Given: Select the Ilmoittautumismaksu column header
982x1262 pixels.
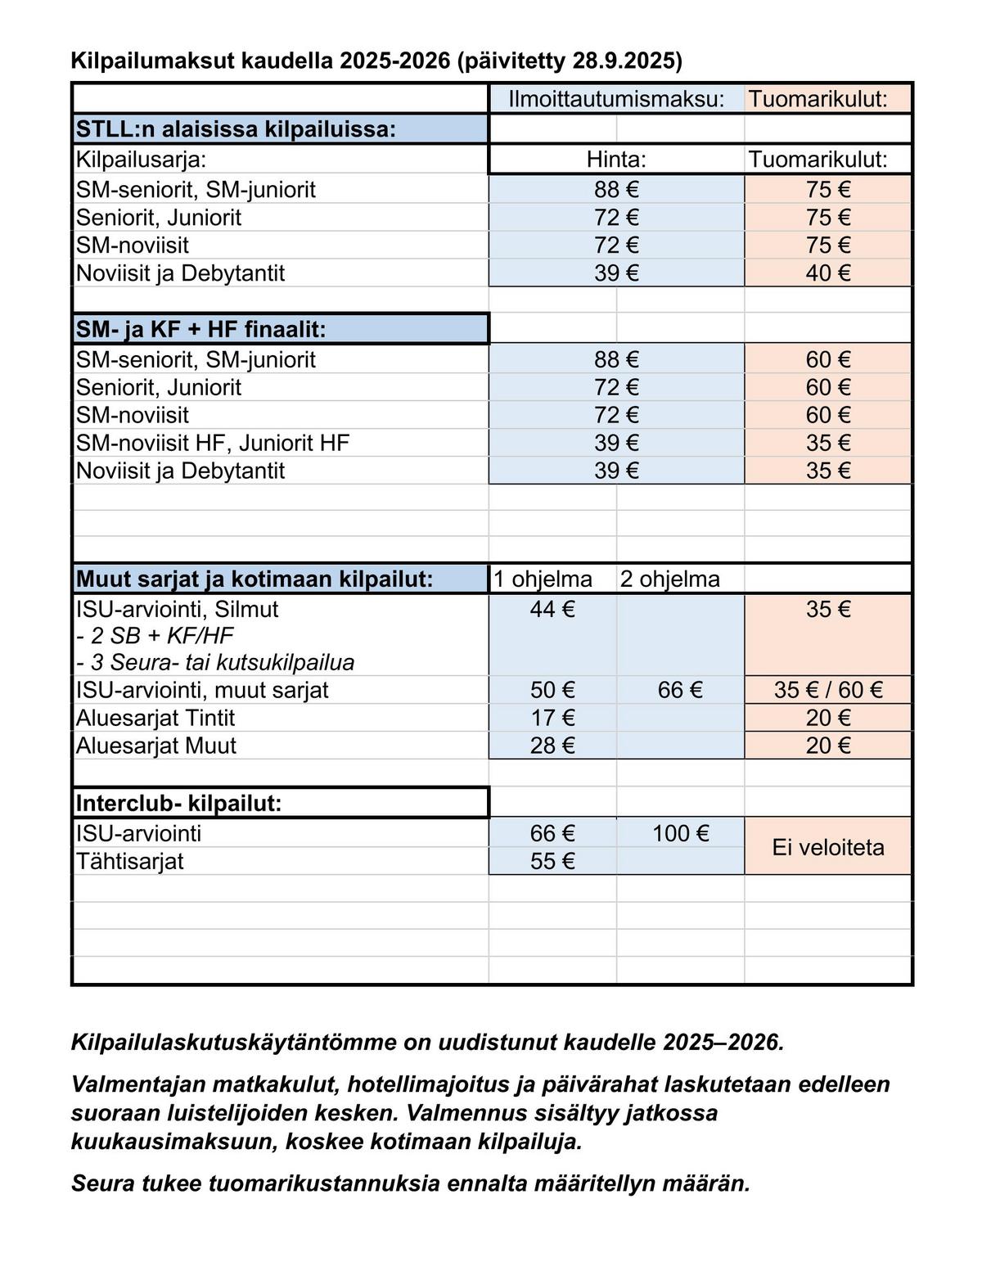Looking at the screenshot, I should (x=616, y=100).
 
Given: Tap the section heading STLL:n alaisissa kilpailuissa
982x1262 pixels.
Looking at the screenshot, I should (x=236, y=129).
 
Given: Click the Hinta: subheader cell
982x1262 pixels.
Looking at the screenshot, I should (x=616, y=160).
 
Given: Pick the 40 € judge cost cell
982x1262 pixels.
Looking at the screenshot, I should (x=828, y=273).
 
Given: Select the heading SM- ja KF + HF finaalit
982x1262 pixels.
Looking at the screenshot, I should (x=201, y=330).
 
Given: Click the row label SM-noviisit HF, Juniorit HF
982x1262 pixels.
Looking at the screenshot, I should (x=213, y=444).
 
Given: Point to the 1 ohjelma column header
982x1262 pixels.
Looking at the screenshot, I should (x=543, y=579).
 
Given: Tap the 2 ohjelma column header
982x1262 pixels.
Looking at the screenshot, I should (x=669, y=579).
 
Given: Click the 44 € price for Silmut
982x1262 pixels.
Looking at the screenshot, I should (x=552, y=610).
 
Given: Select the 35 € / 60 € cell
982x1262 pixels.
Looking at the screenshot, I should (x=828, y=690).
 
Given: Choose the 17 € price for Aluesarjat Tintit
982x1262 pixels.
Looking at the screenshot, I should (x=552, y=719).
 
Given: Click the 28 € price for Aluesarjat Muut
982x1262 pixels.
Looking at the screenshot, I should (x=552, y=746).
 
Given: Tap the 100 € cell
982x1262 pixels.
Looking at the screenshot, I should (x=680, y=834).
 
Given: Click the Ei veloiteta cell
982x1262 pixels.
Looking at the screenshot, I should (x=828, y=847).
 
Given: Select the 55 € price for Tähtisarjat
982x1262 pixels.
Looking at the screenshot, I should (x=552, y=862).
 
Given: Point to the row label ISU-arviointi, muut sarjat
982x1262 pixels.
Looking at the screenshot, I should (x=202, y=690).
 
